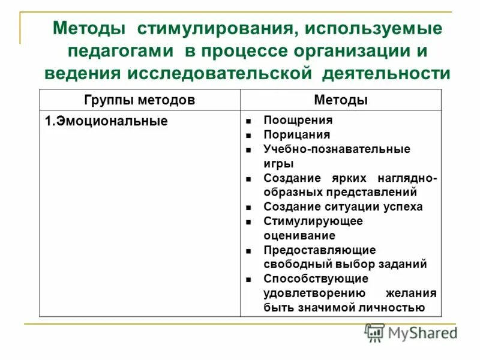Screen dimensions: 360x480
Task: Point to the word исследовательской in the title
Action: click(x=220, y=74)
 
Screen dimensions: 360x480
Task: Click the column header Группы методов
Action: click(x=139, y=100)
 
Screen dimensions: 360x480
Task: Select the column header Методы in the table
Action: click(x=341, y=100)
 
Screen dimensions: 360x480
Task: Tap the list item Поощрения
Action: click(x=289, y=121)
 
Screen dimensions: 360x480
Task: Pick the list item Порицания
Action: click(x=288, y=135)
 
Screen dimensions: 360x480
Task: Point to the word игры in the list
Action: click(x=278, y=163)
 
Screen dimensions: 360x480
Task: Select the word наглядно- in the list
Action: click(x=407, y=179)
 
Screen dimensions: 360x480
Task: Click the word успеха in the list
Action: click(x=401, y=206)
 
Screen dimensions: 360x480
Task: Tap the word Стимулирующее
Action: click(x=313, y=221)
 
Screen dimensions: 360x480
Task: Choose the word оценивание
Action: click(x=299, y=235)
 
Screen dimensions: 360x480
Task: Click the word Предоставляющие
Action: click(x=319, y=250)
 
